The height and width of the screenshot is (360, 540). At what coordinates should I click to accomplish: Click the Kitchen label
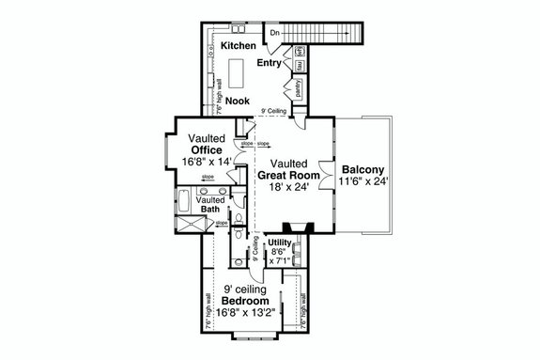click(x=239, y=44)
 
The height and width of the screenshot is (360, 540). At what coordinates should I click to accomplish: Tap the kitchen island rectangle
click(x=236, y=71)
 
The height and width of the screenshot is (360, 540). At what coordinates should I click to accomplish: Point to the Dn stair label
click(x=274, y=34)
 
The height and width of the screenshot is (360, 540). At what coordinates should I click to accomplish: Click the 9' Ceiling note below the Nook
click(x=273, y=112)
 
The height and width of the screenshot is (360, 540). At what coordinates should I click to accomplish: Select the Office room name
click(x=206, y=149)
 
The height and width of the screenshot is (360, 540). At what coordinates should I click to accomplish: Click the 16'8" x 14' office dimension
click(x=206, y=162)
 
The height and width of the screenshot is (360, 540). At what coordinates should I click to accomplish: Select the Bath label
click(x=210, y=209)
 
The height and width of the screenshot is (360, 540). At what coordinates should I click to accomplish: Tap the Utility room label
click(x=281, y=243)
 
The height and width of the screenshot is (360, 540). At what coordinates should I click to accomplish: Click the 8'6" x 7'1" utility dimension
click(x=279, y=258)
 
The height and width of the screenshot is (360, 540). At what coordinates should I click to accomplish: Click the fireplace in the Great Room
click(x=299, y=227)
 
